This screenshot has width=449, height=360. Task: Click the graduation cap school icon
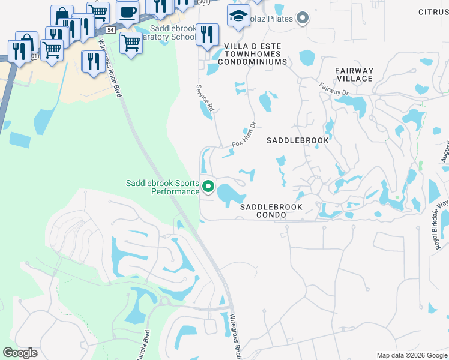(238, 16)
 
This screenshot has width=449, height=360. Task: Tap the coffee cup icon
(127, 12)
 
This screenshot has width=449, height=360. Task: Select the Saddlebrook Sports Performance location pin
(208, 187)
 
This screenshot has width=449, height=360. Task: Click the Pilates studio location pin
(303, 18)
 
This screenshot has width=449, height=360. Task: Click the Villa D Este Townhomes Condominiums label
(261, 53)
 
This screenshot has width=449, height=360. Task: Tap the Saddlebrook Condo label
(271, 210)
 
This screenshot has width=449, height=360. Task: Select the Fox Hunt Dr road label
(244, 136)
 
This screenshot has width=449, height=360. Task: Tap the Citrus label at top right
(433, 12)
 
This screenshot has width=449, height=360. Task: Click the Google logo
(20, 353)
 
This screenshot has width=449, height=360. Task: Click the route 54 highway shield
(110, 29)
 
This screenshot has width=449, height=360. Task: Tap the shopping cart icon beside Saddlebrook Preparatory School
(131, 42)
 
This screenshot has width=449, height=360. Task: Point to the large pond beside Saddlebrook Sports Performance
(231, 194)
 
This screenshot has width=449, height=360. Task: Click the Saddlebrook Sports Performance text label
(162, 187)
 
